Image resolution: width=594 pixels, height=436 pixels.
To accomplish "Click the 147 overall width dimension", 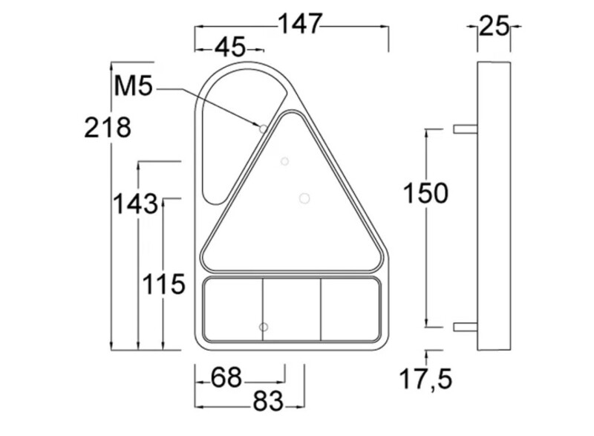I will pyautogui.click(x=300, y=25).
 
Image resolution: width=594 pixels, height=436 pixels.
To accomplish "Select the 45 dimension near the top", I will pyautogui.click(x=229, y=48).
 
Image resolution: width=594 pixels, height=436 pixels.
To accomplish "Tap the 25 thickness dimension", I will pyautogui.click(x=494, y=26).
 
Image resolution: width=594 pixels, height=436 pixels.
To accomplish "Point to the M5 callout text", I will pyautogui.click(x=133, y=87).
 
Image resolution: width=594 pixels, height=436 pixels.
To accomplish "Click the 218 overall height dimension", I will pyautogui.click(x=108, y=128).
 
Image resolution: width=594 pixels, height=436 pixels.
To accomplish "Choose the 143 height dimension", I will pyautogui.click(x=135, y=203).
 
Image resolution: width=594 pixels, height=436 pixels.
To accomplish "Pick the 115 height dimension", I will pyautogui.click(x=163, y=284).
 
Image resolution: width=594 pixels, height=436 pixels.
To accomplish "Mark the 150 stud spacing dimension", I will pyautogui.click(x=425, y=194).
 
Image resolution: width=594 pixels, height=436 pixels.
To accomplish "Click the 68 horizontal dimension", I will pyautogui.click(x=226, y=377).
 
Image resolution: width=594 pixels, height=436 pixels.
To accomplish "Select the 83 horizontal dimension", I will pyautogui.click(x=268, y=402).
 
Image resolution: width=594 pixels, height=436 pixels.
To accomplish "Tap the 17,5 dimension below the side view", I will pyautogui.click(x=425, y=380).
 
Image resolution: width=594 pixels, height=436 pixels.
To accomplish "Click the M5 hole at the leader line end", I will pyautogui.click(x=263, y=128).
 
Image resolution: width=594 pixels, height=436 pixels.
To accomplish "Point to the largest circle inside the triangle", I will pyautogui.click(x=304, y=198).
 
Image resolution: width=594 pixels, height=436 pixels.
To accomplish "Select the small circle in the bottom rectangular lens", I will pyautogui.click(x=263, y=327).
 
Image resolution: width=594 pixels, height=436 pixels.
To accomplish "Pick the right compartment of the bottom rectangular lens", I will pyautogui.click(x=350, y=309).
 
